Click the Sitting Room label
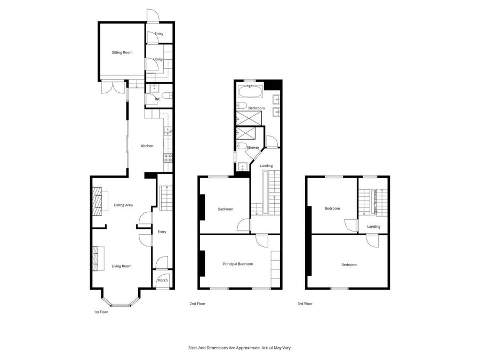click(122, 52)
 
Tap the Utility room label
click(157, 59)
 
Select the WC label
click(157, 99)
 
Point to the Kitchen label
click(147, 146)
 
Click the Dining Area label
click(123, 205)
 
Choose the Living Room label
click(121, 266)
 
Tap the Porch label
click(163, 280)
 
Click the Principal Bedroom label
click(237, 263)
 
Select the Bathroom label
click(257, 108)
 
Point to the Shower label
click(253, 147)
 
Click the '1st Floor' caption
click(100, 312)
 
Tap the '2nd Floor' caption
click(197, 303)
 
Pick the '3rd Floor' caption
click(305, 303)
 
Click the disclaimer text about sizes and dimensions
click(240, 347)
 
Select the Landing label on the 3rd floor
click(373, 227)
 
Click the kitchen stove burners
click(166, 157)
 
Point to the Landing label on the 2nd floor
click(266, 165)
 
